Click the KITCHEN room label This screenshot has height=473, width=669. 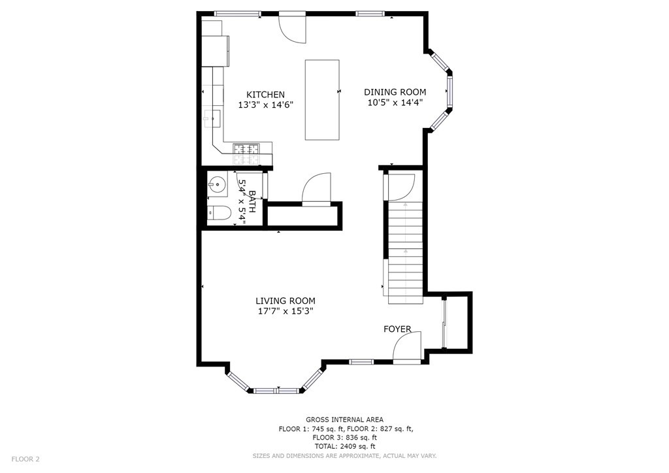265,95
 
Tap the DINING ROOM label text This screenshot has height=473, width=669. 395,92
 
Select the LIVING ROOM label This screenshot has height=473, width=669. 286,301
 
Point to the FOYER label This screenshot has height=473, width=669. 397,329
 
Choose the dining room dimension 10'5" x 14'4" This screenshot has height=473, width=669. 395,102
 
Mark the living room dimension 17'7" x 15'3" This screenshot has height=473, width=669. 286,312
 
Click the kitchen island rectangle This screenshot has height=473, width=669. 322,99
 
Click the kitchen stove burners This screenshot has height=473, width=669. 246,154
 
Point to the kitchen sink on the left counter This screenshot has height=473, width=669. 212,118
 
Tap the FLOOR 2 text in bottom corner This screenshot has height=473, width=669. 25,459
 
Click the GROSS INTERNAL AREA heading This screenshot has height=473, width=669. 344,419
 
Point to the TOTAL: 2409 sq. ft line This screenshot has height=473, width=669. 344,446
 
